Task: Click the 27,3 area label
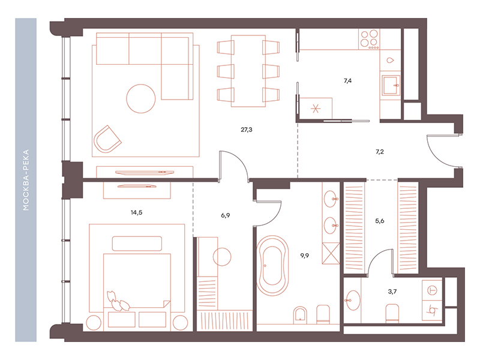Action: coord(247,130)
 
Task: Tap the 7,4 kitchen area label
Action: coord(347,81)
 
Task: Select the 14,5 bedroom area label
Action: coord(137,212)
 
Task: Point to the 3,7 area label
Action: coord(392,292)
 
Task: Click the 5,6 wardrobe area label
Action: coord(380,221)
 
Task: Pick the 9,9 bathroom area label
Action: coord(305,256)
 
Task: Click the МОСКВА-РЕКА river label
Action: coord(26,180)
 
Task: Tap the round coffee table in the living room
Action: coord(141,98)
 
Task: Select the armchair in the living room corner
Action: coord(107,139)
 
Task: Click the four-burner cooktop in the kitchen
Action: coord(369,39)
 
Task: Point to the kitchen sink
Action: coord(391,85)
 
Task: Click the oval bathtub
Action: coord(272,266)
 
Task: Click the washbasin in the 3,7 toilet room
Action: coord(353,301)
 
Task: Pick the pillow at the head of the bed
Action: coord(137,244)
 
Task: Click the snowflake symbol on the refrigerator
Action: coord(316,109)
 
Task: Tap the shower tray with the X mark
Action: coord(331,253)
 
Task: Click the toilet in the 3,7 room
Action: coord(392,313)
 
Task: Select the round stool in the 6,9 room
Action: coord(222,257)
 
